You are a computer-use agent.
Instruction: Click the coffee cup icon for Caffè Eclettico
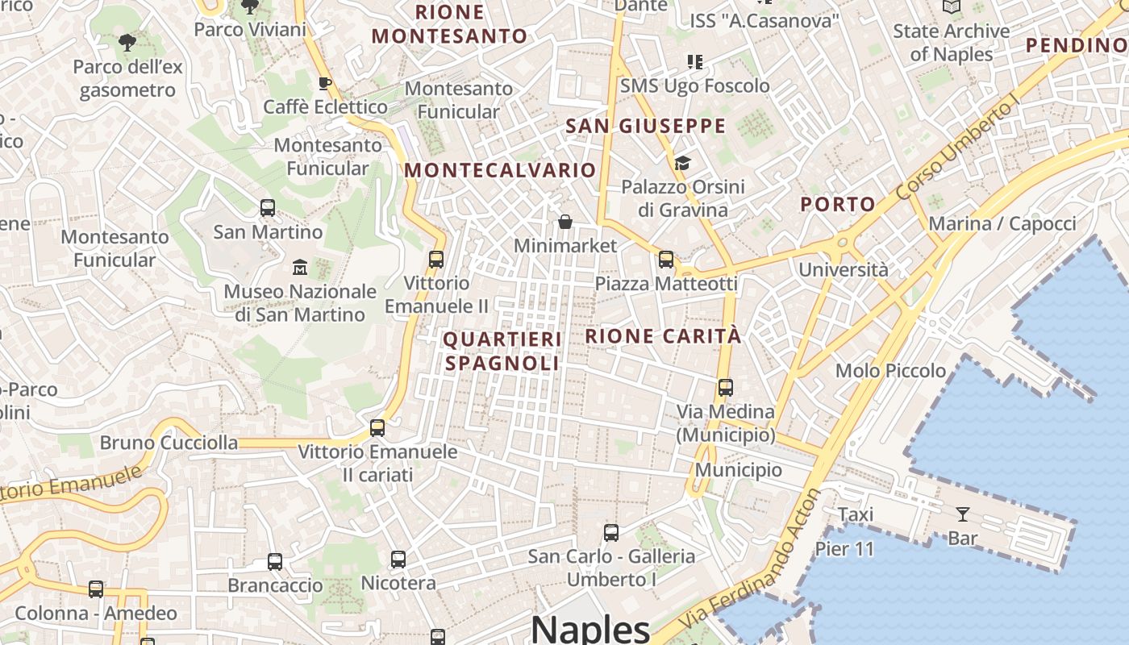tap(325, 83)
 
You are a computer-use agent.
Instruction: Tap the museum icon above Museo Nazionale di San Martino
tap(300, 267)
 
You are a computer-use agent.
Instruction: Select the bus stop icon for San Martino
tap(268, 208)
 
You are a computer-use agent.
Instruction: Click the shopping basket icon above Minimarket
tap(565, 222)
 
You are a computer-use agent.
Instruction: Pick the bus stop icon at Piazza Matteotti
tap(666, 260)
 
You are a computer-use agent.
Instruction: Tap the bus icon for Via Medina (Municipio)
tap(726, 388)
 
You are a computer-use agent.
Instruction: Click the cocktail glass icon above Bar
tap(962, 514)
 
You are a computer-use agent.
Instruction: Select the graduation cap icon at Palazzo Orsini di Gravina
tap(682, 164)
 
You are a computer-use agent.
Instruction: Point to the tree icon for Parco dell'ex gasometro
tap(127, 43)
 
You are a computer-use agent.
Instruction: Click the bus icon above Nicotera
tap(398, 559)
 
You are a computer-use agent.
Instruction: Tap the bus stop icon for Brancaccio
tap(275, 562)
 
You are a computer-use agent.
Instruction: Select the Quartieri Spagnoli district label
tap(502, 352)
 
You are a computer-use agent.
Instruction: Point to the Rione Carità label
tap(663, 336)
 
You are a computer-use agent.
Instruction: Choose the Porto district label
tap(838, 205)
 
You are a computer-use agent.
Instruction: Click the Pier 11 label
tap(844, 549)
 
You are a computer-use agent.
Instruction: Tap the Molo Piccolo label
tap(890, 371)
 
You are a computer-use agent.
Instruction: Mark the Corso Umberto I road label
tap(959, 149)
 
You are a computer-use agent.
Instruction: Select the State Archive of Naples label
tap(951, 43)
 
